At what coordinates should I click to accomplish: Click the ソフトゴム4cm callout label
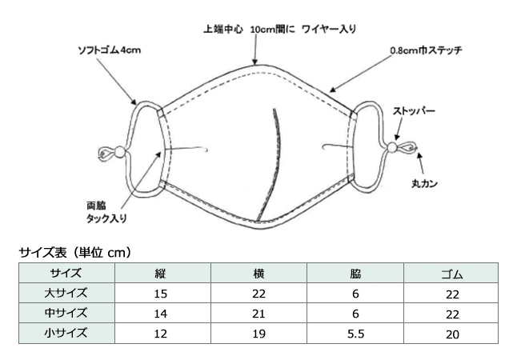pyautogui.click(x=109, y=50)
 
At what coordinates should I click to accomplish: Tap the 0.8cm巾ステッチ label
pyautogui.click(x=426, y=50)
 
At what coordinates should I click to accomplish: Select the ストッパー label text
pyautogui.click(x=414, y=111)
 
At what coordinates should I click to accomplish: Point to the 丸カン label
pyautogui.click(x=424, y=183)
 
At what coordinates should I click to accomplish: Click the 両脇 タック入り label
pyautogui.click(x=106, y=212)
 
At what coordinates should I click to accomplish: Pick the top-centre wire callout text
pyautogui.click(x=279, y=30)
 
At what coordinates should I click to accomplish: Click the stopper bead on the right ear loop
pyautogui.click(x=392, y=147)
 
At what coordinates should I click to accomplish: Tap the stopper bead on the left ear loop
pyautogui.click(x=120, y=152)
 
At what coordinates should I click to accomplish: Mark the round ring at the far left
pyautogui.click(x=106, y=154)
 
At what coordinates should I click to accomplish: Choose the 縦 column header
pyautogui.click(x=161, y=274)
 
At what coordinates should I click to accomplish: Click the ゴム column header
pyautogui.click(x=452, y=274)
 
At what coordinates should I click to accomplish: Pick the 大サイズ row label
pyautogui.click(x=66, y=293)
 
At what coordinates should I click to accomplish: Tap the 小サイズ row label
pyautogui.click(x=66, y=333)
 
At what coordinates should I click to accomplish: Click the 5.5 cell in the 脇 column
pyautogui.click(x=356, y=334)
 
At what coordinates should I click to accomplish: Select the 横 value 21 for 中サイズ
pyautogui.click(x=258, y=314)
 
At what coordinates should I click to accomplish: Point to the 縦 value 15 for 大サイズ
pyautogui.click(x=161, y=294)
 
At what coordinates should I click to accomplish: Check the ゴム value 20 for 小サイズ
pyautogui.click(x=452, y=334)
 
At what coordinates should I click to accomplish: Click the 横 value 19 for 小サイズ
pyautogui.click(x=258, y=334)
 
